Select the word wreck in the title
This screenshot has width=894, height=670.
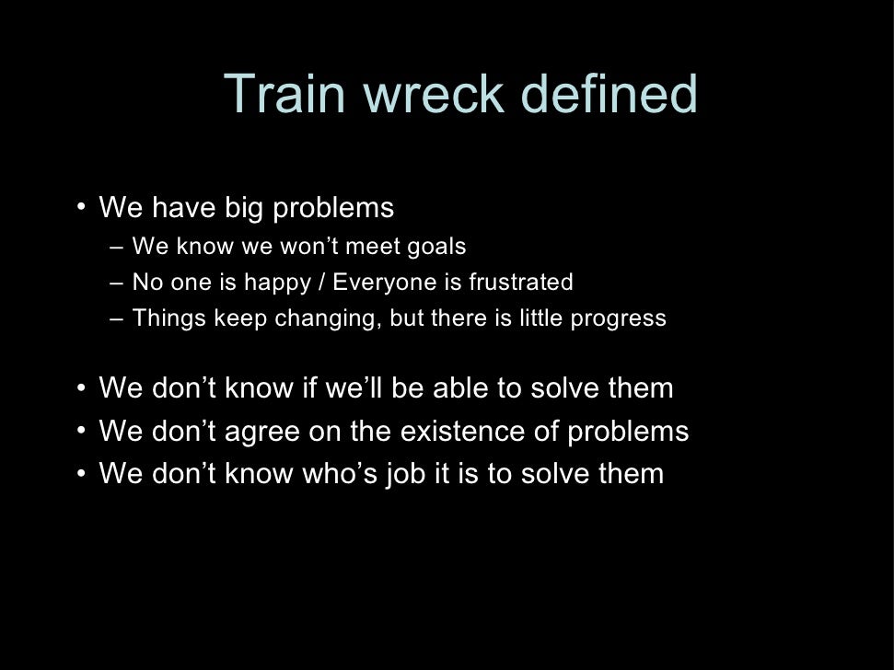click(x=433, y=94)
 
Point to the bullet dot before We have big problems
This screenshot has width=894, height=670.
click(x=82, y=205)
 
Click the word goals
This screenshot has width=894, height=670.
click(x=435, y=247)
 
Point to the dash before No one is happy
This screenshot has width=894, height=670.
click(x=114, y=283)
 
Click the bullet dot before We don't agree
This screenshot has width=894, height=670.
click(x=82, y=429)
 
